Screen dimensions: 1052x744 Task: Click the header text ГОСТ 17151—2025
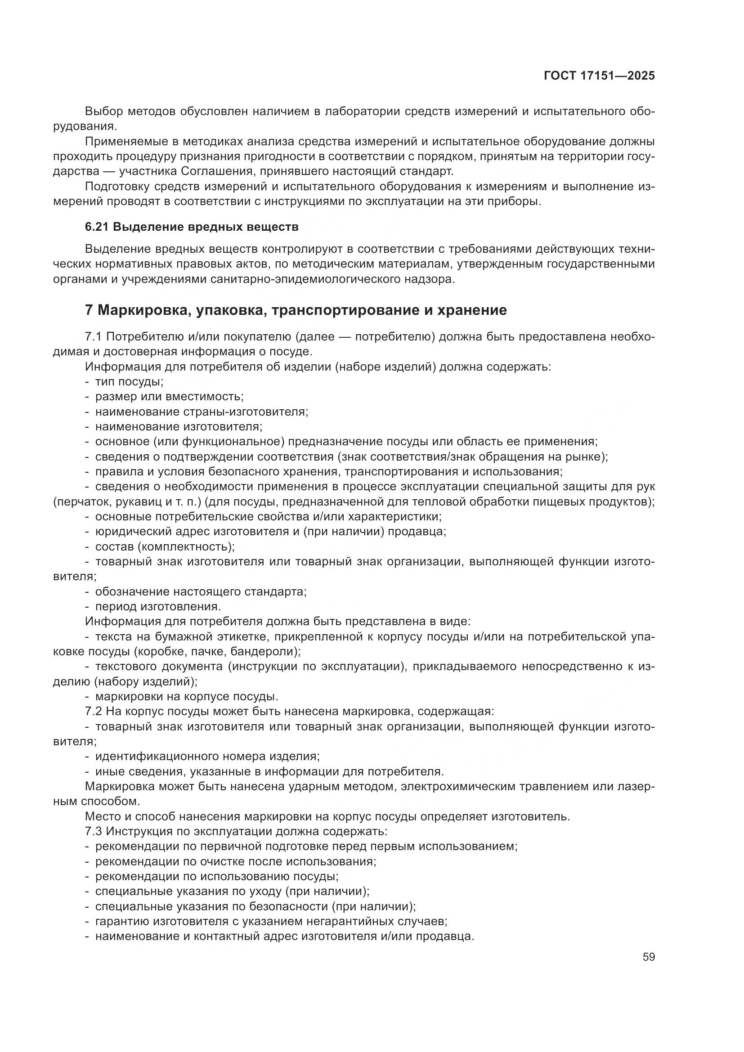point(599,76)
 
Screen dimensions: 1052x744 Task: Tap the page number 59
point(648,957)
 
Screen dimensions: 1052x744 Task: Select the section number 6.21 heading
point(98,227)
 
